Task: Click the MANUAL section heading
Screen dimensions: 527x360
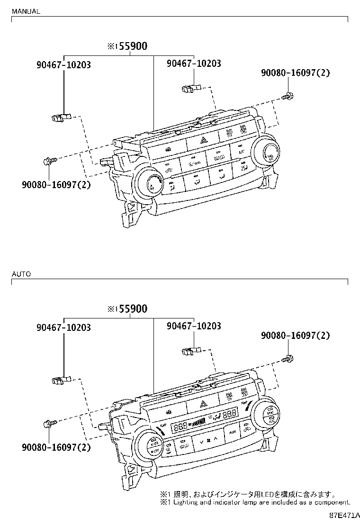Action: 26,11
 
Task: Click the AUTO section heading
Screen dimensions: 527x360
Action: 21,274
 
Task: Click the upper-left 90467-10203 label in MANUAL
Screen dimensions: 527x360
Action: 63,65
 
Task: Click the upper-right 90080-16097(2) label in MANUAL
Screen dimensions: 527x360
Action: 295,73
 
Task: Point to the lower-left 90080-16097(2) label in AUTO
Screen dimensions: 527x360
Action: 56,447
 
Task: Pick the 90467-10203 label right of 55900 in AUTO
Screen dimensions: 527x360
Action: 194,326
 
